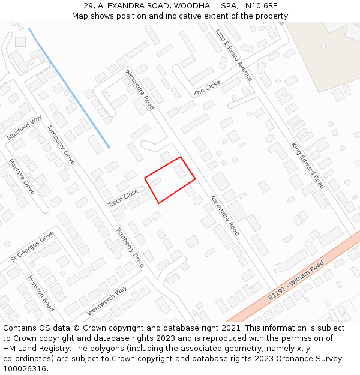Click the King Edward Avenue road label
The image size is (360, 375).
click(235, 55)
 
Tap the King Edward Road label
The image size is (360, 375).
click(308, 166)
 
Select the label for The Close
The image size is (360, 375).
click(207, 88)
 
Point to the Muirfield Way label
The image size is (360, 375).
click(25, 128)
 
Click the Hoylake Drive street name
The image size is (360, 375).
click(22, 177)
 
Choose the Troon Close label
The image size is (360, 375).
click(123, 198)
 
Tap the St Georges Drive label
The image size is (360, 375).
click(32, 246)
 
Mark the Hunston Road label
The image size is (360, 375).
click(41, 293)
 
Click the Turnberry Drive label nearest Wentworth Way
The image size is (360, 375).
click(130, 247)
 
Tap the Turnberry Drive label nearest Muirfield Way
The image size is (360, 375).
click(61, 140)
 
